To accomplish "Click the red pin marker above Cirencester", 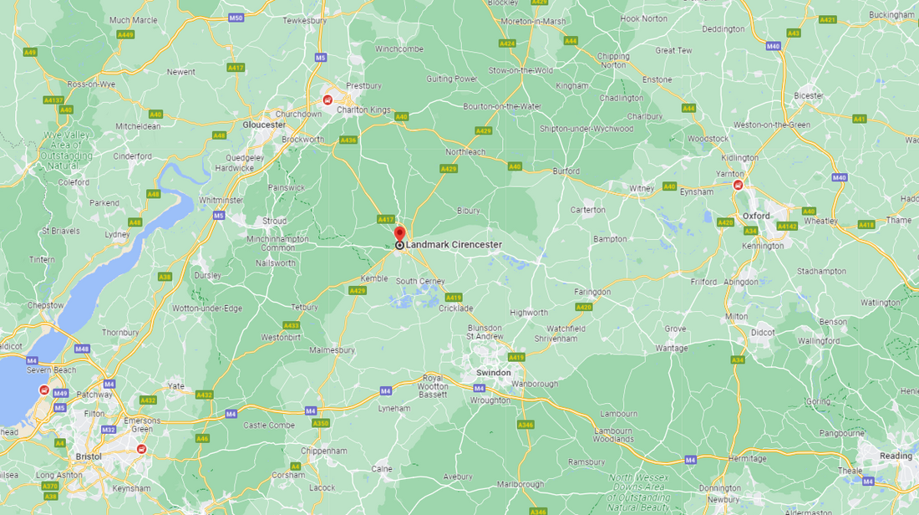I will pyautogui.click(x=399, y=233).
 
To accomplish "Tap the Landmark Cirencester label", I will pyautogui.click(x=454, y=245).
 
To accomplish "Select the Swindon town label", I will pyautogui.click(x=493, y=373).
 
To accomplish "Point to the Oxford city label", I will pyautogui.click(x=755, y=216).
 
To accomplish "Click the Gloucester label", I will pyautogui.click(x=263, y=125).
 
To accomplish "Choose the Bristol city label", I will pyautogui.click(x=88, y=456).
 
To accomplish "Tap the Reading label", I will pyautogui.click(x=896, y=456).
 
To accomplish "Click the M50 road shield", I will pyautogui.click(x=236, y=18).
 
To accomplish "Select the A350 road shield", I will pyautogui.click(x=321, y=423).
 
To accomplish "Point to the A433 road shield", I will pyautogui.click(x=292, y=325).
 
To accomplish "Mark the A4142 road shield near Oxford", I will pyautogui.click(x=787, y=226).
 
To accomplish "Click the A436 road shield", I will pyautogui.click(x=348, y=140).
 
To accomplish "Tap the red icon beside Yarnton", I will pyautogui.click(x=738, y=185).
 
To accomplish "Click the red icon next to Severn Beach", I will pyautogui.click(x=43, y=390).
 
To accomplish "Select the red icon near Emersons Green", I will pyautogui.click(x=141, y=449).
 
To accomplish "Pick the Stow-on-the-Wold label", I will pyautogui.click(x=520, y=70).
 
